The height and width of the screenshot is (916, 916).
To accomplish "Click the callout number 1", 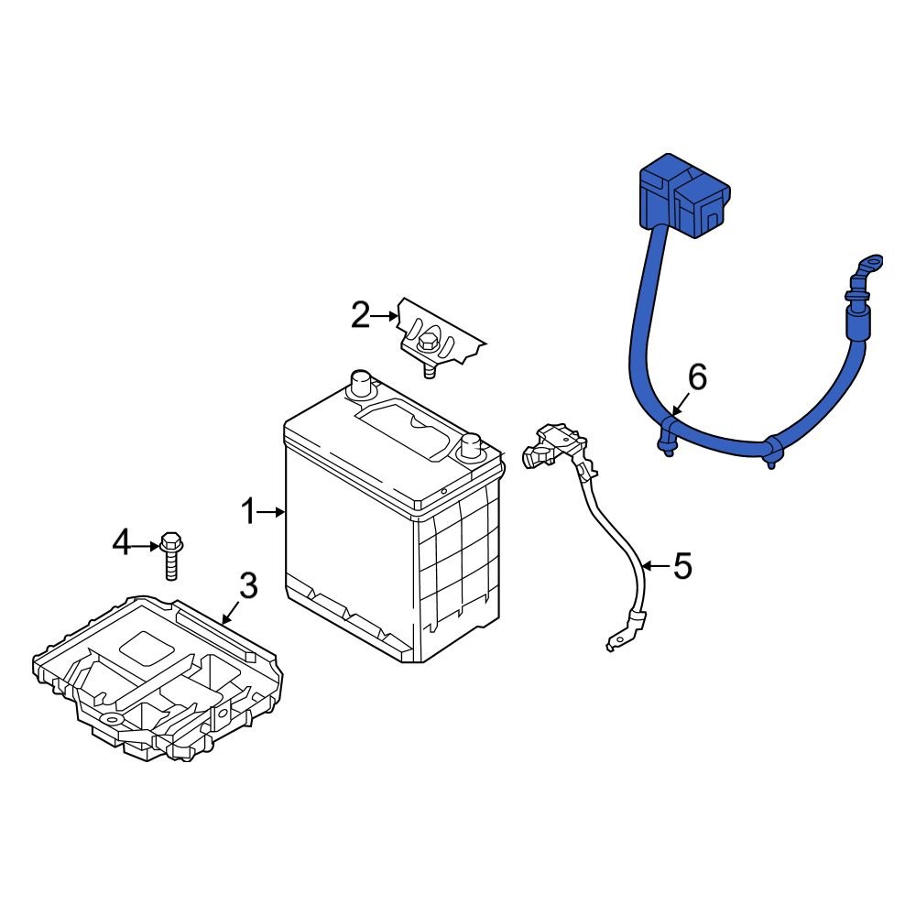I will click(x=247, y=512).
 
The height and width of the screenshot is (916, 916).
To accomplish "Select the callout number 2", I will click(x=361, y=316).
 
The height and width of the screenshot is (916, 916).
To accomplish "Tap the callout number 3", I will click(x=249, y=585).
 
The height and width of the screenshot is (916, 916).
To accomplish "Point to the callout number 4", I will click(x=122, y=544).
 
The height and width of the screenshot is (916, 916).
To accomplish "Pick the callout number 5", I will click(x=682, y=566).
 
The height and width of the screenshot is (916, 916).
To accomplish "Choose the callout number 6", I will click(x=698, y=376).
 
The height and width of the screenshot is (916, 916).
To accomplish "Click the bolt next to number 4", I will click(x=170, y=554).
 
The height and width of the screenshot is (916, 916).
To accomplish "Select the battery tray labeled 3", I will click(x=156, y=678).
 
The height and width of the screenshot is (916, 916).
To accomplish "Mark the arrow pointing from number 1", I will click(x=273, y=512).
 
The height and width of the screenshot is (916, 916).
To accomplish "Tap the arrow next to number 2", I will click(x=386, y=316).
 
